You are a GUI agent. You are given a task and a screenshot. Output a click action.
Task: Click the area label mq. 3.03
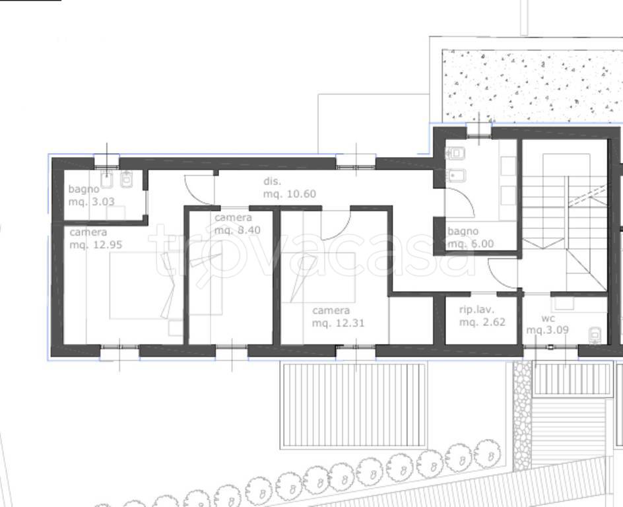(91, 202)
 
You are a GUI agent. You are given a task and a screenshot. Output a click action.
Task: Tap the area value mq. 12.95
(96, 245)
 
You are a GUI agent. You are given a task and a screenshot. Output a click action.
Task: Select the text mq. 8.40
(238, 230)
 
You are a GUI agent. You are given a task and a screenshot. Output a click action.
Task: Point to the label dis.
(272, 182)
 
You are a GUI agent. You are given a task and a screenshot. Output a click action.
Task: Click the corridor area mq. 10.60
(290, 194)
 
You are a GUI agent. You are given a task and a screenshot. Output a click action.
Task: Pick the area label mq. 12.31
(338, 323)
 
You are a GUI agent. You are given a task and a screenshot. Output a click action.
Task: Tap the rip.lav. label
(476, 310)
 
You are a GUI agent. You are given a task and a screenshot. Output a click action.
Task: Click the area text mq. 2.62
(482, 322)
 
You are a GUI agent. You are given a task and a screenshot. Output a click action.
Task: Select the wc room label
(548, 319)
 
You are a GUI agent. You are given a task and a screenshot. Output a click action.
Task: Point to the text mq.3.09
(548, 330)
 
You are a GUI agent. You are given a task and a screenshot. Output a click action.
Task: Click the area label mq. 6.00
(471, 244)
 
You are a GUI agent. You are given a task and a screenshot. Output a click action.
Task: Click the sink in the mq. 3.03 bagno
(107, 180)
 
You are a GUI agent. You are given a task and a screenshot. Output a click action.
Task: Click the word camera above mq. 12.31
(331, 310)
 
